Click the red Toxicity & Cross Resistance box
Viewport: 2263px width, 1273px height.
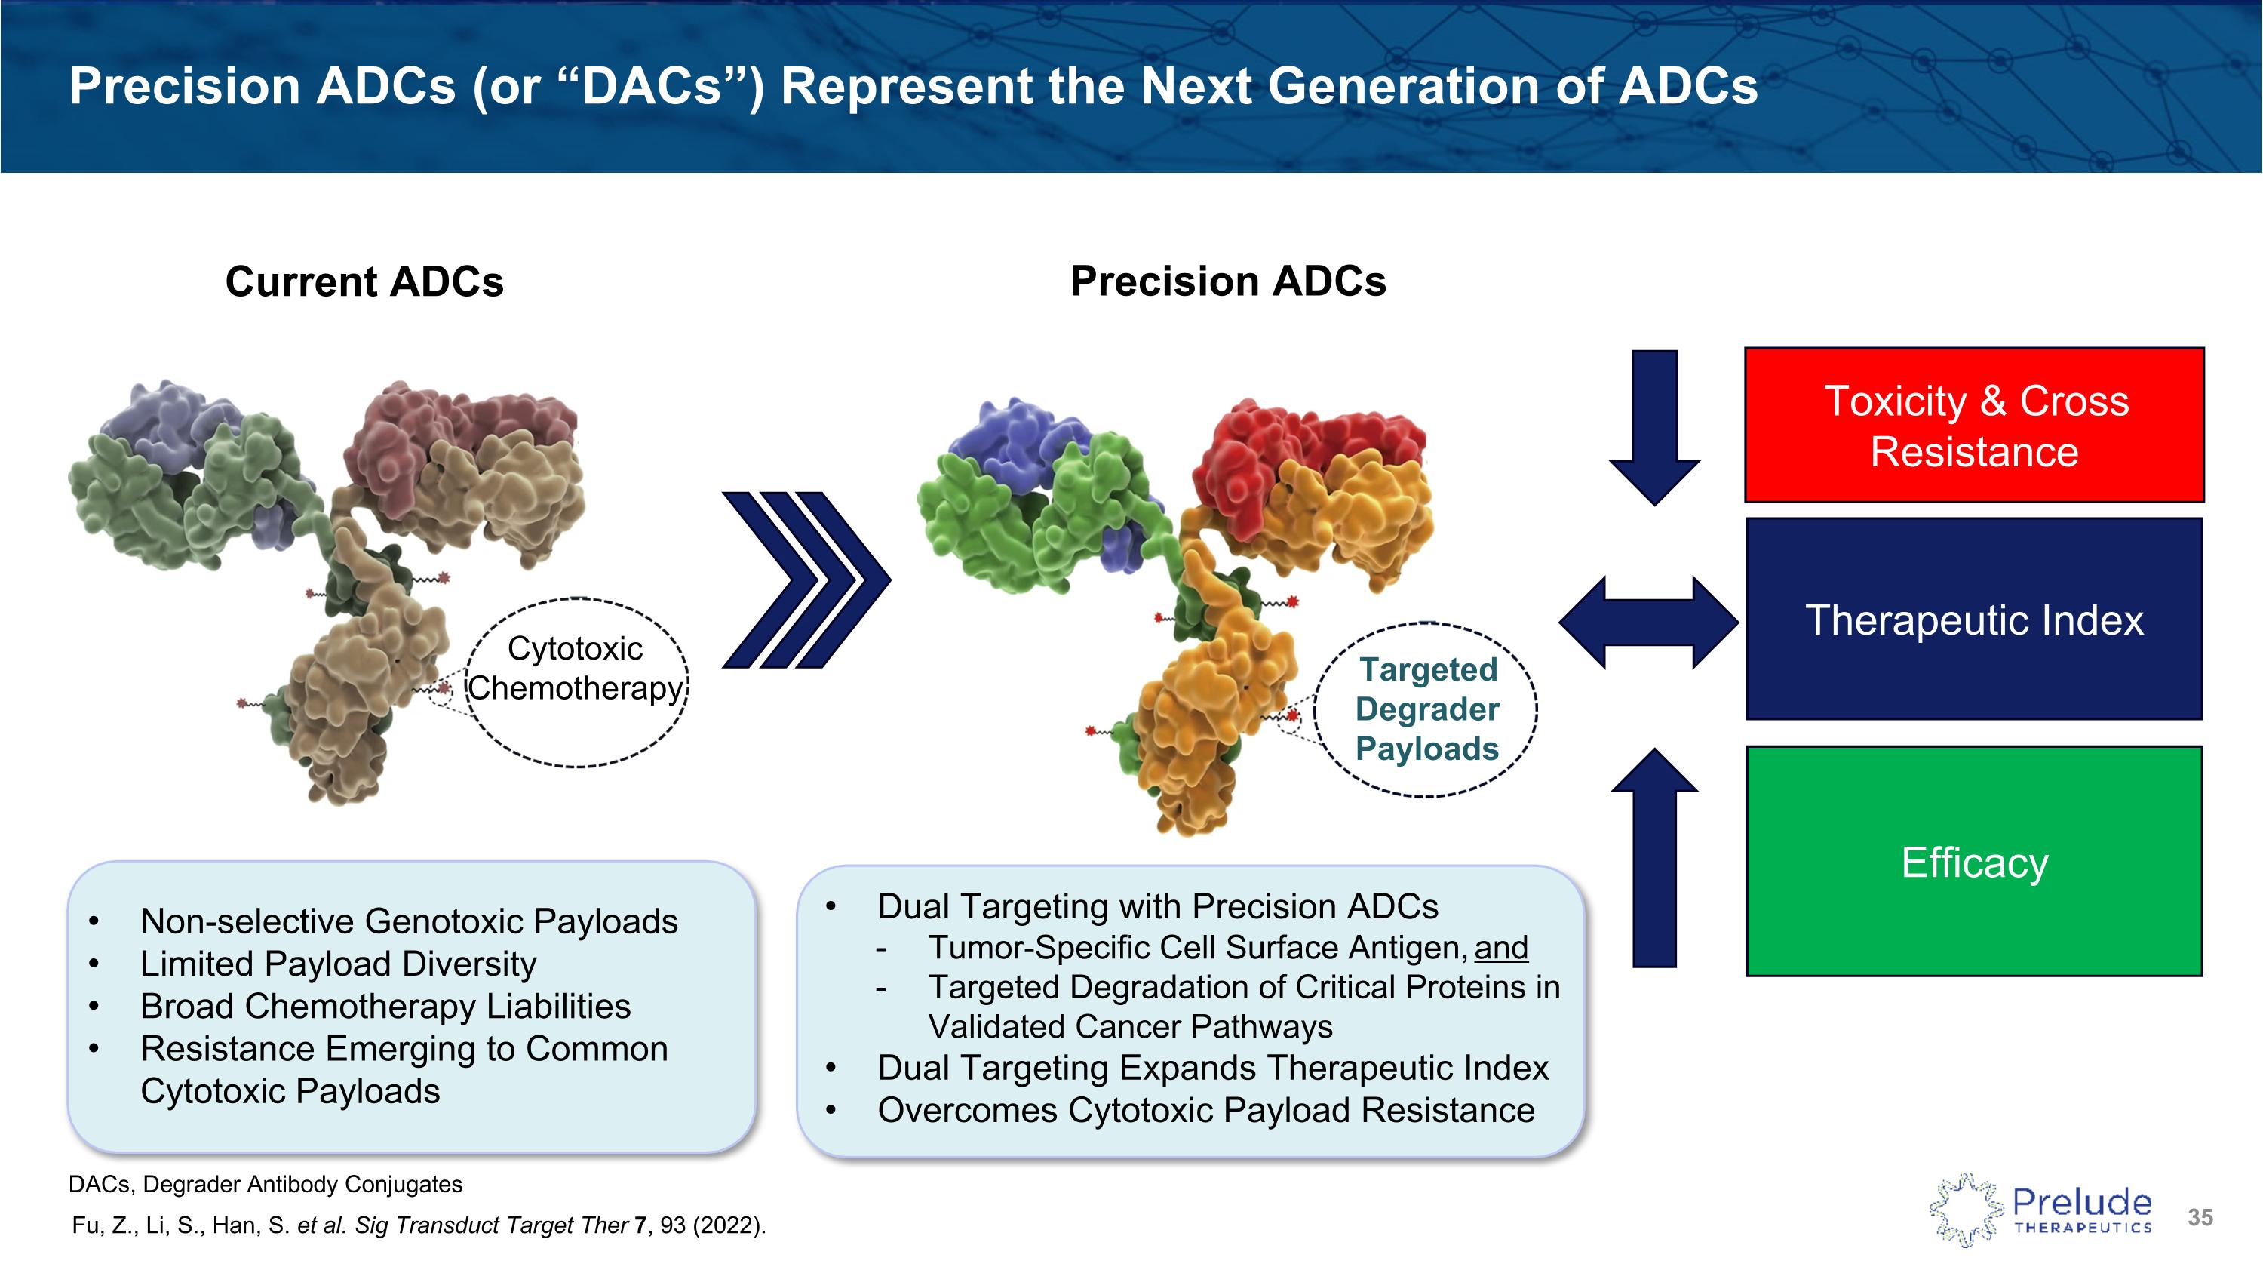pyautogui.click(x=1974, y=425)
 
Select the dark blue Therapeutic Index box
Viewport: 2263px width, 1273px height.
pyautogui.click(x=1974, y=620)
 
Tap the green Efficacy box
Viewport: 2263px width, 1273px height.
pyautogui.click(x=1974, y=862)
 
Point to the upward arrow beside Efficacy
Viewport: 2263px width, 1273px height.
pyautogui.click(x=1655, y=858)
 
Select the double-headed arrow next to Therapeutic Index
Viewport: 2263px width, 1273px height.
pyautogui.click(x=1648, y=622)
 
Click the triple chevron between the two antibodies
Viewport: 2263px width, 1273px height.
pyautogui.click(x=806, y=580)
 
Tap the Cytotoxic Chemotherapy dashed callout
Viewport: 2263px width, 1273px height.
pyautogui.click(x=576, y=683)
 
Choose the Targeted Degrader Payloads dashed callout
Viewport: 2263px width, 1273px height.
pyautogui.click(x=1426, y=709)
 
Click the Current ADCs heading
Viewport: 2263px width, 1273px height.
pyautogui.click(x=364, y=282)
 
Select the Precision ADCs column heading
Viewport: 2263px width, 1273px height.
pyautogui.click(x=1227, y=282)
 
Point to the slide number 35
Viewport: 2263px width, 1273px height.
pyautogui.click(x=2200, y=1218)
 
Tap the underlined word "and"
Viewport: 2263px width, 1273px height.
pyautogui.click(x=1501, y=948)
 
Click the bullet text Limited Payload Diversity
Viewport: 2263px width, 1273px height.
pyautogui.click(x=338, y=964)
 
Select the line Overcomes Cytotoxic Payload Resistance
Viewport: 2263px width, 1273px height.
pyautogui.click(x=1205, y=1111)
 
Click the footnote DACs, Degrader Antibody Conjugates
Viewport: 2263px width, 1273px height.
pyautogui.click(x=266, y=1184)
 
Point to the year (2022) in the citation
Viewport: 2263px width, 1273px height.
pyautogui.click(x=728, y=1225)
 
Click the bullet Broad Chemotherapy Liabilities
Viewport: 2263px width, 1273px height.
pyautogui.click(x=385, y=1006)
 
